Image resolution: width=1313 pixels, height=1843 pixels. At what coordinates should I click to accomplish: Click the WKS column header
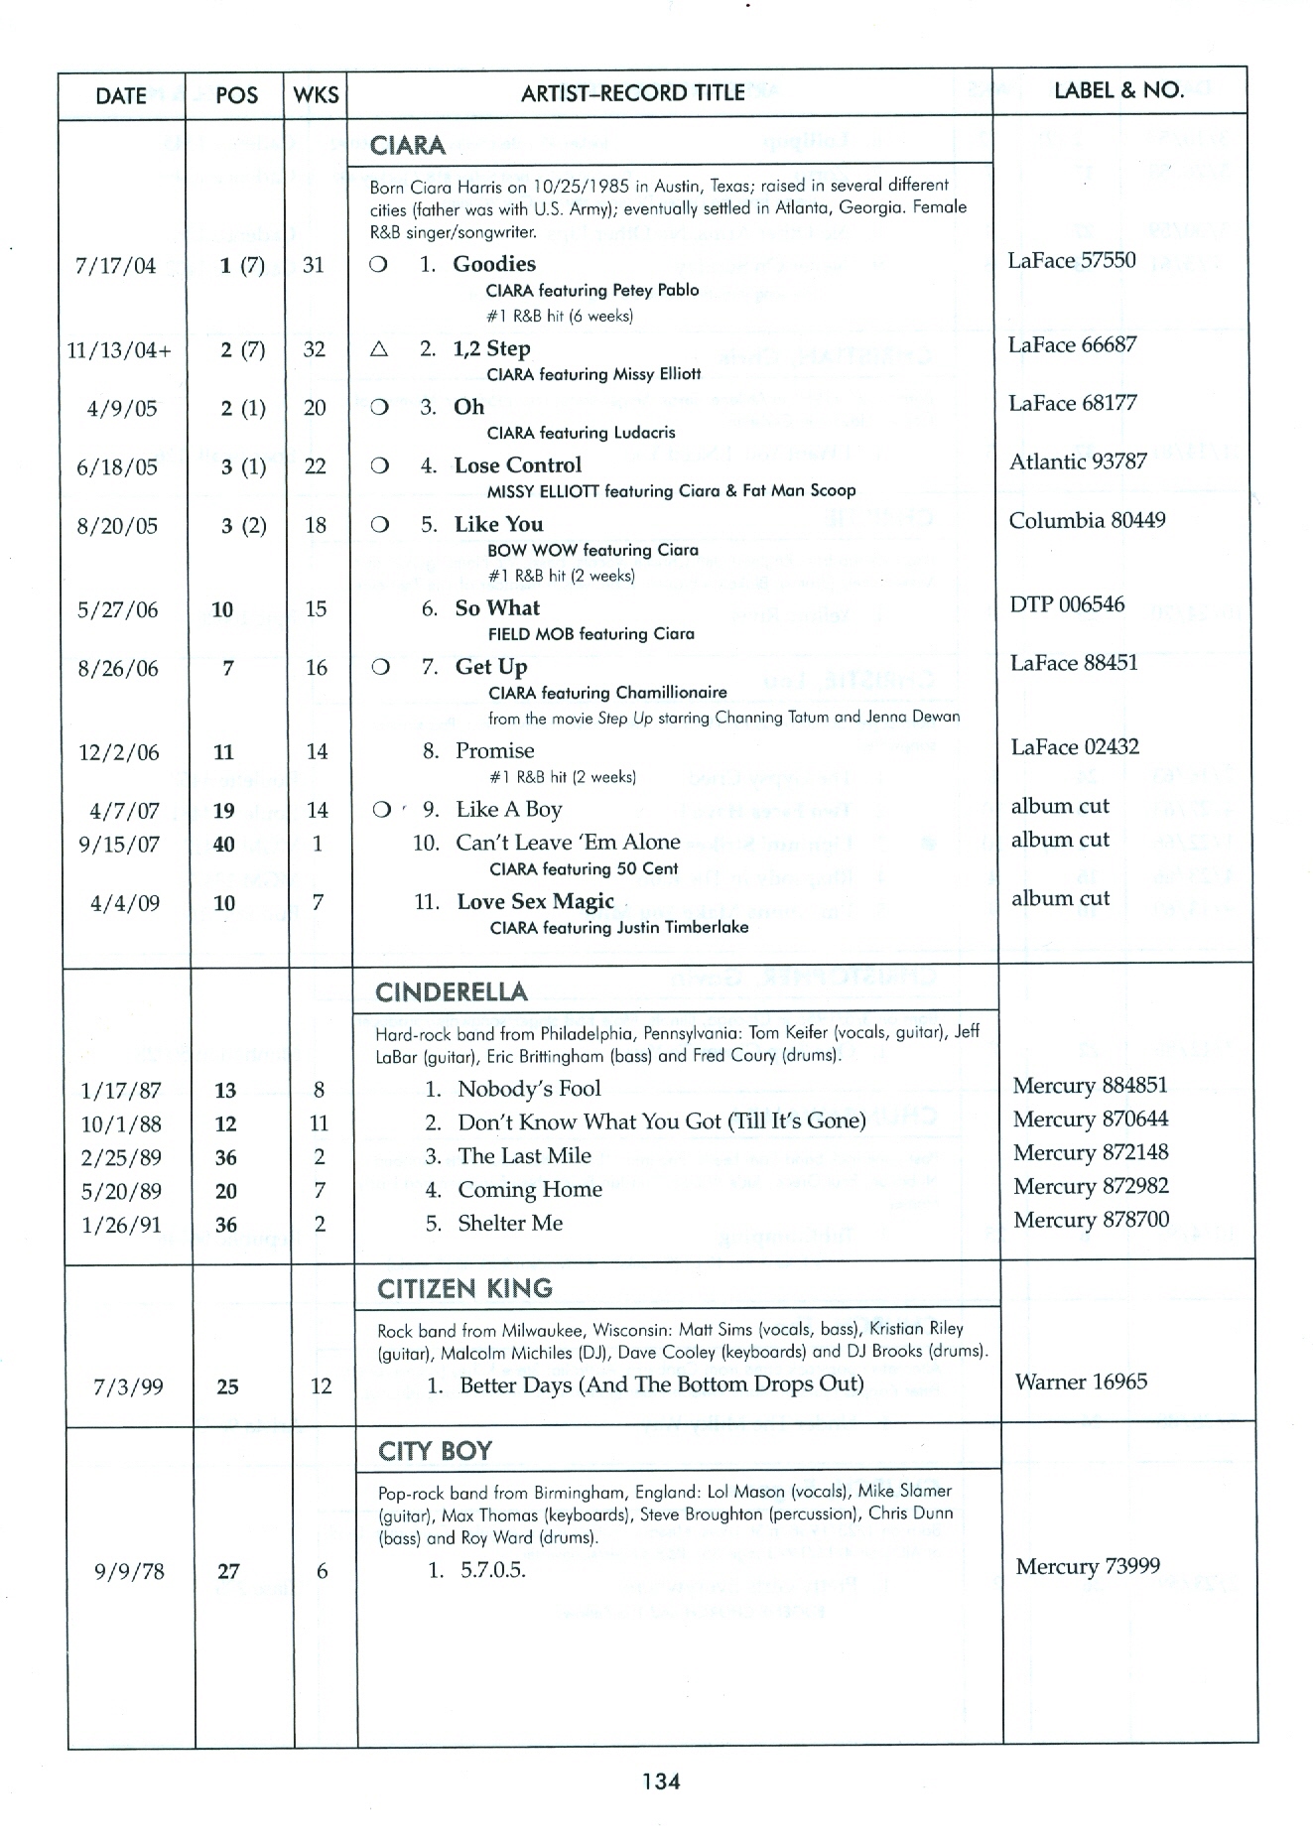pyautogui.click(x=317, y=95)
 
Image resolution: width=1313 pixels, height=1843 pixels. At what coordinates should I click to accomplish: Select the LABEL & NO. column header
pyautogui.click(x=1118, y=90)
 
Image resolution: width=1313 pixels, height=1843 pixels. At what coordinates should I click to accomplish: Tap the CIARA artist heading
pyautogui.click(x=407, y=146)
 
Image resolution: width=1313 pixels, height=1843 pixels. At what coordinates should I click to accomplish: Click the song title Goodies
pyautogui.click(x=494, y=264)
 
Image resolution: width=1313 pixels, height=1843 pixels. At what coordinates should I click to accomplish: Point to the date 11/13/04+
pyautogui.click(x=119, y=350)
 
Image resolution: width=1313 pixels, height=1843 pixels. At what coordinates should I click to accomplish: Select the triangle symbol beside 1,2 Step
pyautogui.click(x=378, y=349)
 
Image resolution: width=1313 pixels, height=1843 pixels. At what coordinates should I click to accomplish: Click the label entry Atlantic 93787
pyautogui.click(x=1078, y=461)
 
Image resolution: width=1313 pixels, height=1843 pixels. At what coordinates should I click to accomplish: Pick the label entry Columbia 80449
pyautogui.click(x=1087, y=520)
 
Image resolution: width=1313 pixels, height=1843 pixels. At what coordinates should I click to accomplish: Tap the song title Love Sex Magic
pyautogui.click(x=535, y=902)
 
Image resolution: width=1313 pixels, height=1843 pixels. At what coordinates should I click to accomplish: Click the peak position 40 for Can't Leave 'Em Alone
pyautogui.click(x=224, y=845)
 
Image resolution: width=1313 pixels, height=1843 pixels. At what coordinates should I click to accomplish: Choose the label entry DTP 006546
pyautogui.click(x=1067, y=604)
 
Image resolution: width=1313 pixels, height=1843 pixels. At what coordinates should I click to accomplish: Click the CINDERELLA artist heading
pyautogui.click(x=452, y=992)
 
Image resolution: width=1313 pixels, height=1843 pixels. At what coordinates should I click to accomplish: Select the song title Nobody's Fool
pyautogui.click(x=529, y=1089)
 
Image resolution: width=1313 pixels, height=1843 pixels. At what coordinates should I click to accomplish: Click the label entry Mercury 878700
pyautogui.click(x=1091, y=1220)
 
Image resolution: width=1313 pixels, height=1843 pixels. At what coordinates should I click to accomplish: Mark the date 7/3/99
pyautogui.click(x=128, y=1387)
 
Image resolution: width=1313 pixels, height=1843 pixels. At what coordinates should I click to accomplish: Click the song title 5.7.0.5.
pyautogui.click(x=492, y=1571)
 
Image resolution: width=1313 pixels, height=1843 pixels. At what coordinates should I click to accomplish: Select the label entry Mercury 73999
pyautogui.click(x=1088, y=1567)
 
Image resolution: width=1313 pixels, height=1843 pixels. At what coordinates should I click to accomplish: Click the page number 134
pyautogui.click(x=661, y=1781)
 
